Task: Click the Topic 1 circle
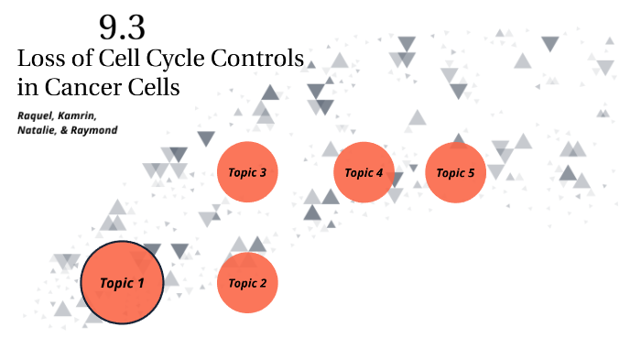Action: [122, 283]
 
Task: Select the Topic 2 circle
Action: [247, 283]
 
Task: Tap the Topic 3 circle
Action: [247, 172]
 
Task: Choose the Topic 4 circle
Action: [364, 172]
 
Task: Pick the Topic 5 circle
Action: [455, 172]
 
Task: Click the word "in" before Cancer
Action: [27, 88]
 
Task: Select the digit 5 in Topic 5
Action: [472, 172]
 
